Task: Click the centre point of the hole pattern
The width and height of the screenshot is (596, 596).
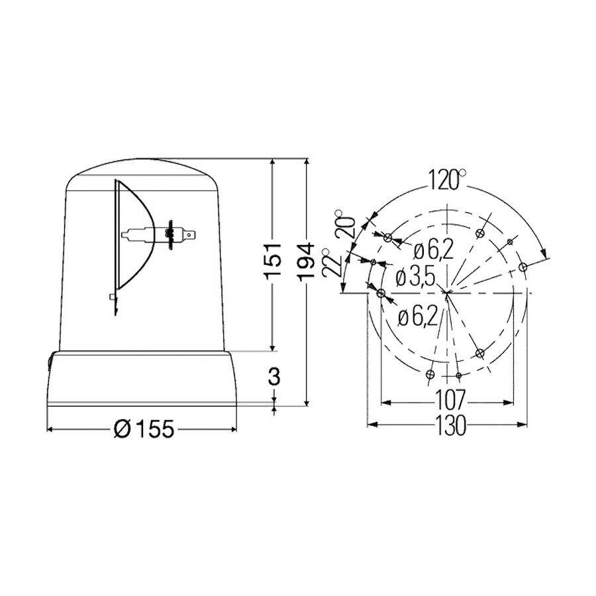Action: click(448, 292)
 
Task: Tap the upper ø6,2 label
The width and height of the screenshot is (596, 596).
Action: click(434, 250)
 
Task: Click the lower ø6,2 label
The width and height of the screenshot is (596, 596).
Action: click(418, 317)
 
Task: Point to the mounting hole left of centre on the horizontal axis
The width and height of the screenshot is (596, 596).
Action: click(380, 292)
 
